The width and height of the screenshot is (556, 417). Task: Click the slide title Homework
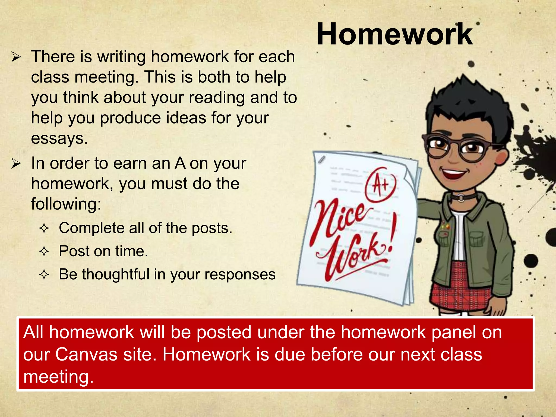pos(394,34)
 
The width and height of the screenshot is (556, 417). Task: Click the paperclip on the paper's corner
pos(322,160)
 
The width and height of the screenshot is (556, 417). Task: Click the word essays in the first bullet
pos(59,138)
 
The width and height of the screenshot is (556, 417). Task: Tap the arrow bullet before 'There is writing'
pos(16,57)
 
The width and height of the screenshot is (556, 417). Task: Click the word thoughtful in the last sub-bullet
pos(116,274)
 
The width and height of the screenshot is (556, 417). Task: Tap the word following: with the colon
pos(66,204)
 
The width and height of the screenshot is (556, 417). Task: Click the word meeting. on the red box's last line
pos(58,377)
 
